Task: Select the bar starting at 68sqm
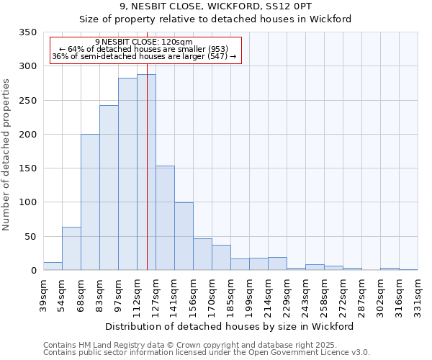pos(90,202)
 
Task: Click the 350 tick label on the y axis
pos(27,32)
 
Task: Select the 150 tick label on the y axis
pos(27,168)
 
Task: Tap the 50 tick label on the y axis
pos(30,236)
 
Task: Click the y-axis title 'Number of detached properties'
pos(6,156)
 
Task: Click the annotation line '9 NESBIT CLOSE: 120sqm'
pos(143,42)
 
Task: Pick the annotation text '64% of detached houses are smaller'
pos(143,49)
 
